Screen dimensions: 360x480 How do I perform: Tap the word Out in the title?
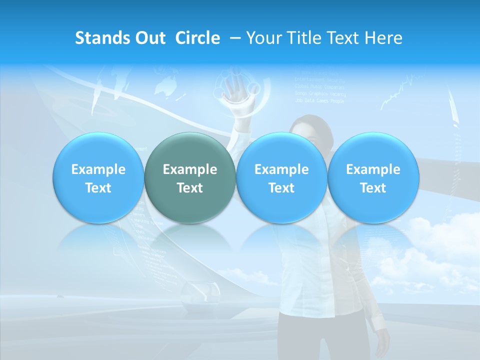pos(150,38)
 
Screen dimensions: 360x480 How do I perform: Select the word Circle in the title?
pos(197,38)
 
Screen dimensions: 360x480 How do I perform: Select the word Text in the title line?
pos(343,38)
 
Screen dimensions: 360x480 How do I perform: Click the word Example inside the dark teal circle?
pos(190,169)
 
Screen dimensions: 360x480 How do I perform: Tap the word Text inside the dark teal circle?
pos(190,188)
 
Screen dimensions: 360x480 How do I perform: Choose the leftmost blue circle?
pos(98,177)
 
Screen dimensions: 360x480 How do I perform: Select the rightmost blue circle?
pos(373,177)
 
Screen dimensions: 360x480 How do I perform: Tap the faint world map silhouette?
pos(164,85)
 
